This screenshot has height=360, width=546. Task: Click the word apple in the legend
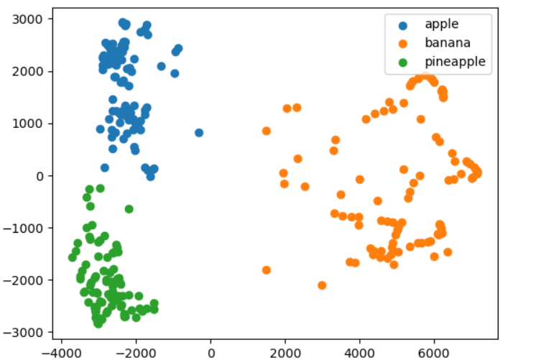click(x=442, y=24)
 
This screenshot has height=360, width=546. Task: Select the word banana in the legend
click(x=448, y=43)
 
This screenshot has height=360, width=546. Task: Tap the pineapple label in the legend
click(x=455, y=62)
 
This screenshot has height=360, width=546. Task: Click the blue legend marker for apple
click(x=403, y=25)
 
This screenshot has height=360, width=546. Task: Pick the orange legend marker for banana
click(x=403, y=44)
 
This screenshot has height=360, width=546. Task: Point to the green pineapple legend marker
click(x=403, y=63)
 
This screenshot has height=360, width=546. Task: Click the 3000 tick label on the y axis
click(x=27, y=19)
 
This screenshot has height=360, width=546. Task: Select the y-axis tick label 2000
click(x=27, y=72)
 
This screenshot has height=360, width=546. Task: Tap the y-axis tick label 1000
click(x=27, y=124)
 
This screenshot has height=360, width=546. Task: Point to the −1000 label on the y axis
click(x=23, y=229)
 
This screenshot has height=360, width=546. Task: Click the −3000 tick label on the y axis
click(x=23, y=333)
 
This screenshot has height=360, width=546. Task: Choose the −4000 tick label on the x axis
click(x=62, y=354)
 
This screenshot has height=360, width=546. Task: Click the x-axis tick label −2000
click(x=136, y=354)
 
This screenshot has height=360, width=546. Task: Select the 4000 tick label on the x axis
click(x=360, y=354)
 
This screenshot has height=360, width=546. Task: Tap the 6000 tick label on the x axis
click(x=434, y=354)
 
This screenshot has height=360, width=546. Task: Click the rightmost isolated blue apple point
click(x=199, y=133)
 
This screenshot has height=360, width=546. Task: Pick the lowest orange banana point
click(x=322, y=285)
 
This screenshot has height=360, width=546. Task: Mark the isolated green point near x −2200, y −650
click(x=129, y=209)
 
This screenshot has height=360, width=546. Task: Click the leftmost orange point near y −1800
click(x=267, y=270)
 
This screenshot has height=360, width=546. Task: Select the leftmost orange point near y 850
click(x=267, y=131)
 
